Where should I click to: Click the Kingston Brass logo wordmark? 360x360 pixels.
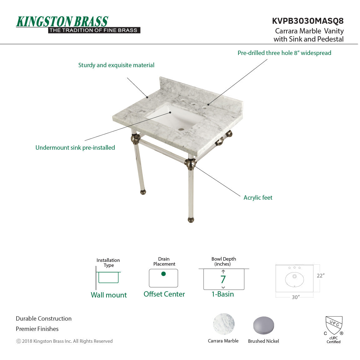tap(62, 22)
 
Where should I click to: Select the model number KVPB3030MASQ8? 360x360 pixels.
tap(307, 21)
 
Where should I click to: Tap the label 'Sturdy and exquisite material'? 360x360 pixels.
tap(116, 65)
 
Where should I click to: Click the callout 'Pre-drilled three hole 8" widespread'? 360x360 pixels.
tap(284, 53)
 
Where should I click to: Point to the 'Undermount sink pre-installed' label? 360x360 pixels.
tap(75, 148)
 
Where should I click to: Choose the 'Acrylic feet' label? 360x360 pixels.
tap(258, 198)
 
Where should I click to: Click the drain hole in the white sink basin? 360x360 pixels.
tap(181, 129)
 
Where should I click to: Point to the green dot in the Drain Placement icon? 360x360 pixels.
tap(163, 274)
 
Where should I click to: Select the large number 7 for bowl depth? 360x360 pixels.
tap(223, 279)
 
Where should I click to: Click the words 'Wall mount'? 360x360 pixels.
tap(109, 295)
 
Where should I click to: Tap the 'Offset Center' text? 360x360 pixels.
tap(164, 294)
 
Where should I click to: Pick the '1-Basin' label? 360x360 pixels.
tap(222, 294)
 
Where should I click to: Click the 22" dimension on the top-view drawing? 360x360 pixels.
tap(321, 276)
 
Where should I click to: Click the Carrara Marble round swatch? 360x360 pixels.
tap(223, 324)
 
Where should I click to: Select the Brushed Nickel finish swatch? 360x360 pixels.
tap(263, 325)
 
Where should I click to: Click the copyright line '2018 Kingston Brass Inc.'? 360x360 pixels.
tap(64, 341)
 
